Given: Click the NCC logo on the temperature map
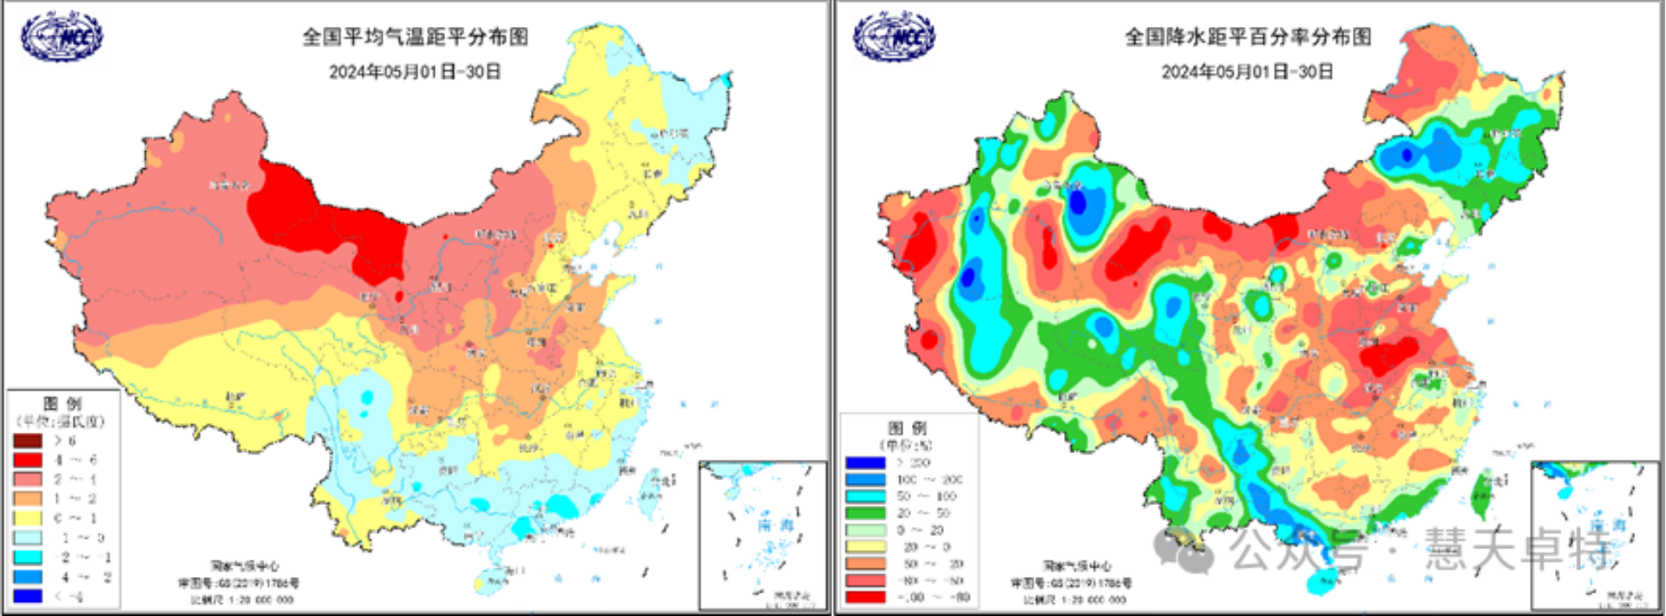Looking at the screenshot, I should (62, 36).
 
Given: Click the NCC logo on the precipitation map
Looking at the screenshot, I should (894, 36).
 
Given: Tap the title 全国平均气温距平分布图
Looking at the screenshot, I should (415, 36).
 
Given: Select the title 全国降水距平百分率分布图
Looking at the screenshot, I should (1248, 36).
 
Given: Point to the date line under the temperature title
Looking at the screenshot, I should (415, 71).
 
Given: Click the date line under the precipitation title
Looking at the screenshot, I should (1248, 71).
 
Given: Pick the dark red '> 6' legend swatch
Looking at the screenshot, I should (27, 441).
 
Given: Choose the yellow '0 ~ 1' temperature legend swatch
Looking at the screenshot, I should (27, 518).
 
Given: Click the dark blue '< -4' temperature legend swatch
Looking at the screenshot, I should (27, 596).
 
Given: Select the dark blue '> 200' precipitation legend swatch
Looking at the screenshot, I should (865, 462).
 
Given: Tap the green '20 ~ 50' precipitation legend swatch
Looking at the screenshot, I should (865, 513).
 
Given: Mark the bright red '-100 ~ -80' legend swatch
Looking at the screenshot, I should (865, 597).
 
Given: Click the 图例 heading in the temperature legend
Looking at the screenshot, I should (62, 403).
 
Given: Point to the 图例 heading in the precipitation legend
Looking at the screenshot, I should (907, 428).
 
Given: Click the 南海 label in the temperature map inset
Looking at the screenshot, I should (775, 525).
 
